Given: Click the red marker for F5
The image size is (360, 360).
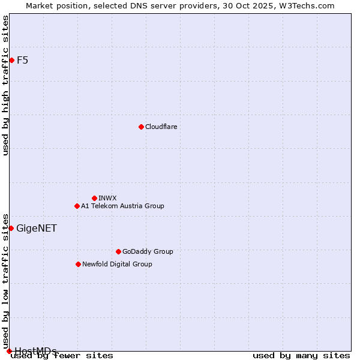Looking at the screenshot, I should [11, 60].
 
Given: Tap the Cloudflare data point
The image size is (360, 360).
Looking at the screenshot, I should [141, 127].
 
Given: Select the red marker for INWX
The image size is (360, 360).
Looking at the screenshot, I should [94, 198].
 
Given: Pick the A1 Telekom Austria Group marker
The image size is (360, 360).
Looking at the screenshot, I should [77, 206].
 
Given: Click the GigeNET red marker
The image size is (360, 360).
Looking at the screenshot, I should [11, 228].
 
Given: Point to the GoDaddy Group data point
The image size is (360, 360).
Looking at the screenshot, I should [118, 251].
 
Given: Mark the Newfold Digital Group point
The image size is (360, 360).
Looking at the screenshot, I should [78, 264].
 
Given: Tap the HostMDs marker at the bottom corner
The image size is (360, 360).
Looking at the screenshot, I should [9, 351].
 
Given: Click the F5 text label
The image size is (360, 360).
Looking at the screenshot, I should [22, 60].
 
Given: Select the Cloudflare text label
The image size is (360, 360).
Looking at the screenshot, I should [161, 127].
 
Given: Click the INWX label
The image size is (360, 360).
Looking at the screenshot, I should [107, 198].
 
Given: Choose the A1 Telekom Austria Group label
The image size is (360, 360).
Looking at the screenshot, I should [122, 206].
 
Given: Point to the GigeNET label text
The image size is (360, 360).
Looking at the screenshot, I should [37, 228].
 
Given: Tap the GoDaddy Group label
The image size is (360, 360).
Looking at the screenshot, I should [148, 251].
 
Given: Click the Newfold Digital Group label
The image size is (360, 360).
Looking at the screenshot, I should [117, 264].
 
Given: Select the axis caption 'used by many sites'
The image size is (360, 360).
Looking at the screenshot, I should [301, 356].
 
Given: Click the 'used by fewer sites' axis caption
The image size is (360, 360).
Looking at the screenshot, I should [62, 356].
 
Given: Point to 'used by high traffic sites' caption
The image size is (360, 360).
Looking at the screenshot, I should [5, 85].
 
